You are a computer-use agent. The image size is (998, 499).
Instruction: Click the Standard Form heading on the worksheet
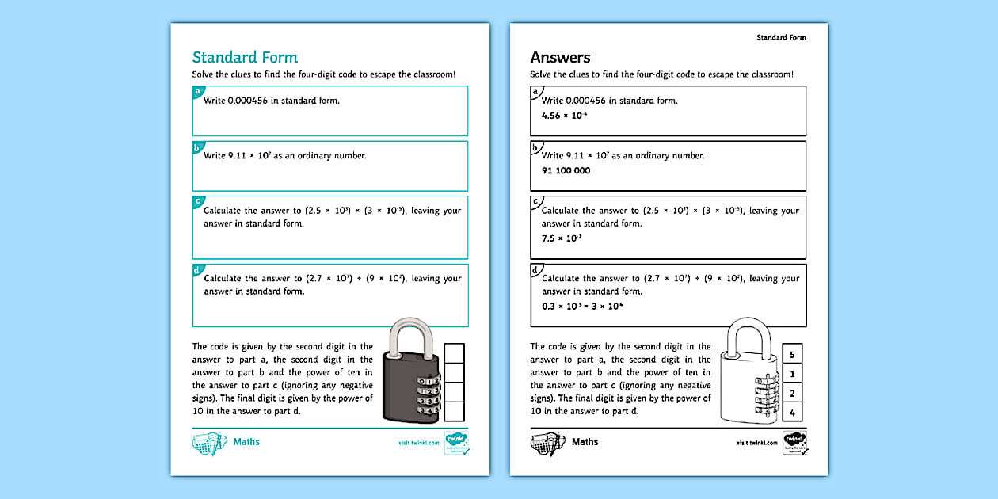click(245, 57)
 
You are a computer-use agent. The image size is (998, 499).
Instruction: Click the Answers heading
click(560, 57)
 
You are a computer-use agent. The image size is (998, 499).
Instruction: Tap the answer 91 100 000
click(566, 170)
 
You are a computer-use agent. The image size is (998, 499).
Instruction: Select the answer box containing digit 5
click(792, 354)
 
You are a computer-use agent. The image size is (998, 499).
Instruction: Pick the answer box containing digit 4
click(792, 412)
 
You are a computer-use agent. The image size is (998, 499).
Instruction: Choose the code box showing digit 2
click(792, 393)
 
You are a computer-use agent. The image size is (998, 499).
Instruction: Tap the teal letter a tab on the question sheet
click(197, 92)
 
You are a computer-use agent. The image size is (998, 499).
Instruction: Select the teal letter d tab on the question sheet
click(197, 270)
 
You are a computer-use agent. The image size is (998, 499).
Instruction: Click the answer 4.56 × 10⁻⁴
click(564, 116)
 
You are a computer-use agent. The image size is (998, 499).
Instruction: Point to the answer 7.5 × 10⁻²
click(561, 238)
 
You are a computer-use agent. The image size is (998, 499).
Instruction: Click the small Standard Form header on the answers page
click(781, 37)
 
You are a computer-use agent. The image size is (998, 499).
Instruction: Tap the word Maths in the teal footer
click(246, 441)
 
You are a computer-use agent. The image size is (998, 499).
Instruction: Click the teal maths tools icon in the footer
click(210, 443)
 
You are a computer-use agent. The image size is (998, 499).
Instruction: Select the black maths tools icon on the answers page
click(547, 443)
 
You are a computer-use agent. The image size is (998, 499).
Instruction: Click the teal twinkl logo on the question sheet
click(455, 442)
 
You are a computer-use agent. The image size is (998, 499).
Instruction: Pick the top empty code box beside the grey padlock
click(455, 353)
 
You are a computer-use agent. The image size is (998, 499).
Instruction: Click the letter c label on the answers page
click(535, 202)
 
